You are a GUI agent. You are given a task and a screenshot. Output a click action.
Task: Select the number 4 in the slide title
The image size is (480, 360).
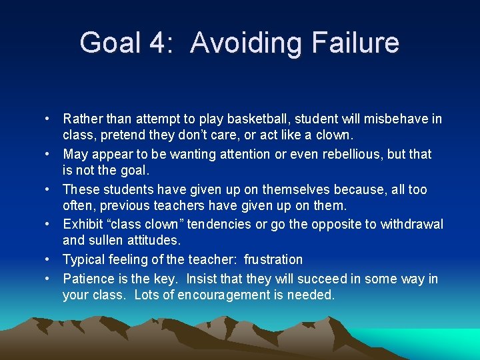pyautogui.click(x=157, y=43)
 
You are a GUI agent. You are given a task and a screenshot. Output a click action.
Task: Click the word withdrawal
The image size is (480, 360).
pyautogui.click(x=411, y=225)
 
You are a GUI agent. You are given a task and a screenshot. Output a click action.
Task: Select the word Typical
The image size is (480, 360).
pyautogui.click(x=85, y=259)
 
